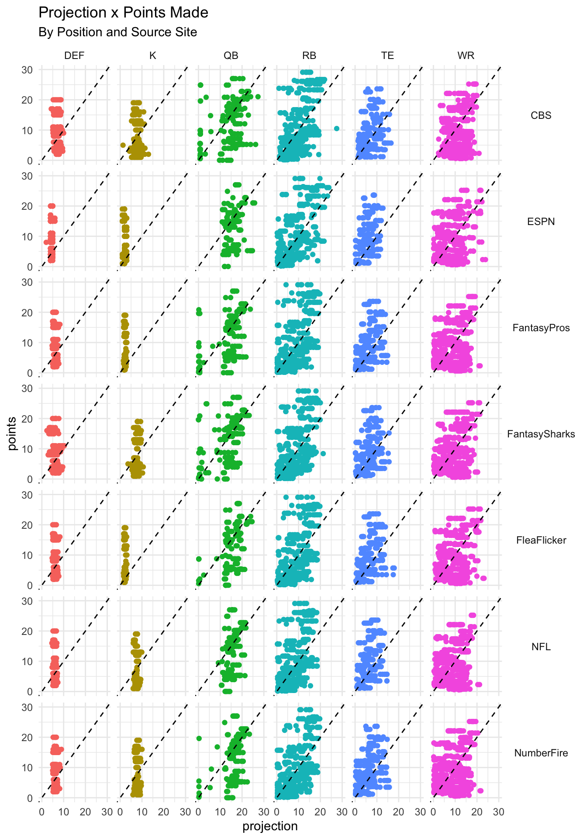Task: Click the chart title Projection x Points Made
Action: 123,13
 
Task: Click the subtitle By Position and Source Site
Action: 117,32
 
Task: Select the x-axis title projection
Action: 270,826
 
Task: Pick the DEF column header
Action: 74,55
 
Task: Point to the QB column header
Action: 231,55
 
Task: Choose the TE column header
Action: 387,55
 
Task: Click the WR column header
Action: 466,55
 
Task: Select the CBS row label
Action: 541,115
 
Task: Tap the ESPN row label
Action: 541,222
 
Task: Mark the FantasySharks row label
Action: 541,434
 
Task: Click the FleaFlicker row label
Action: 541,540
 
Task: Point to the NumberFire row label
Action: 541,753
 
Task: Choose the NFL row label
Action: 541,647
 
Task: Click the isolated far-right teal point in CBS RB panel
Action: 337,128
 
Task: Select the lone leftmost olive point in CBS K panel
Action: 123,145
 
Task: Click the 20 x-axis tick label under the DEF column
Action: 85,812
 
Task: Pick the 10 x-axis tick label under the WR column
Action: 455,812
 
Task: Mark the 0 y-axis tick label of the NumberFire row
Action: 30,798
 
